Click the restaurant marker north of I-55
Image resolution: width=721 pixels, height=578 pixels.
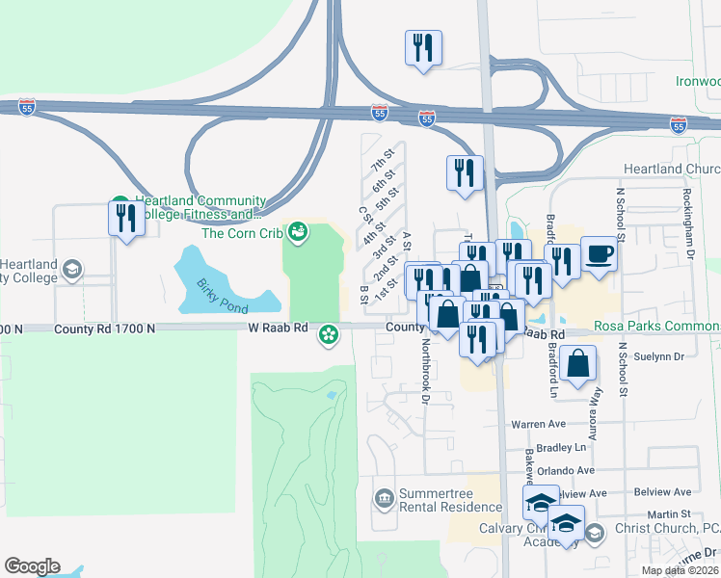424,47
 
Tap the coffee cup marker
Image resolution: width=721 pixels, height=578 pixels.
599,254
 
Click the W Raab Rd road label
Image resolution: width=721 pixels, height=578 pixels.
277,328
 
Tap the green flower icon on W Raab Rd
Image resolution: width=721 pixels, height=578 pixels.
329,334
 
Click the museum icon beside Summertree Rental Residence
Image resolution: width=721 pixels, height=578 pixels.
384,497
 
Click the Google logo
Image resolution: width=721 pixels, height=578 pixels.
32,566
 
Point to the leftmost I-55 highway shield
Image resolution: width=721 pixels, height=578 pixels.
27,107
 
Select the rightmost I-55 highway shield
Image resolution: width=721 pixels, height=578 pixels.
679,124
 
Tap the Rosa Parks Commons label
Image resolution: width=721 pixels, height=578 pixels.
657,328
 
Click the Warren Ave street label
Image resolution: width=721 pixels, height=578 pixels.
538,423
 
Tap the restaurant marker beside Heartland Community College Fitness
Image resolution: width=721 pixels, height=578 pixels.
123,218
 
